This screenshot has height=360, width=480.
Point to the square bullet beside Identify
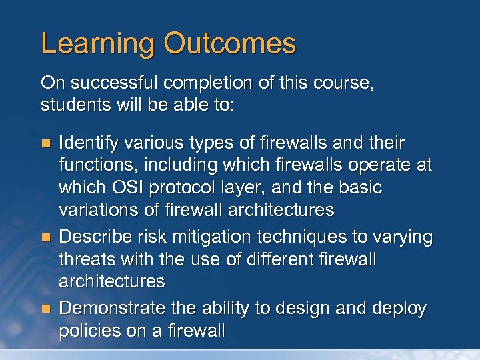pyautogui.click(x=45, y=143)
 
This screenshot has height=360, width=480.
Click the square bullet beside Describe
pyautogui.click(x=45, y=237)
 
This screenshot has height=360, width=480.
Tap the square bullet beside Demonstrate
pyautogui.click(x=45, y=308)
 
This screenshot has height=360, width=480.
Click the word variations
pyautogui.click(x=98, y=211)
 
